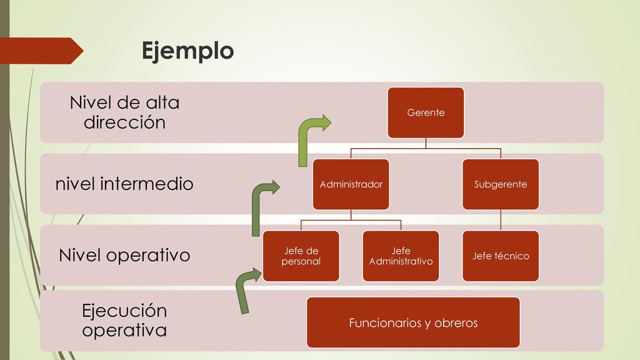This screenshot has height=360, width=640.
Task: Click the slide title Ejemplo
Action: pyautogui.click(x=187, y=51)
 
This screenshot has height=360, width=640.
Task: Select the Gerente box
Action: pyautogui.click(x=426, y=112)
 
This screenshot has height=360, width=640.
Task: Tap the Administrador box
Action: pyautogui.click(x=351, y=184)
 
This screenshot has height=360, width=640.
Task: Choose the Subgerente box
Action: pyautogui.click(x=501, y=184)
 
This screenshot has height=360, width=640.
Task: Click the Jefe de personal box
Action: pyautogui.click(x=301, y=256)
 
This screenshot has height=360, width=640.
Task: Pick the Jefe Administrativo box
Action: pyautogui.click(x=401, y=256)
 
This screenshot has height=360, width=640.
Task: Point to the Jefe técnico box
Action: pyautogui.click(x=501, y=256)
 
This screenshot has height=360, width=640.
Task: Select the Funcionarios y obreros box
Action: pyautogui.click(x=413, y=322)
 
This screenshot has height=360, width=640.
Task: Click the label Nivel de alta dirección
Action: pyautogui.click(x=124, y=112)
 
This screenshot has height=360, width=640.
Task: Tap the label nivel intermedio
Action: pyautogui.click(x=124, y=184)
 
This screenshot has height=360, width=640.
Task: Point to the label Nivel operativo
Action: pyautogui.click(x=124, y=256)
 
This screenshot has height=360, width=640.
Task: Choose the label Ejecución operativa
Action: pyautogui.click(x=124, y=321)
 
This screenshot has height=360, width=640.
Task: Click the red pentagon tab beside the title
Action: pyautogui.click(x=41, y=51)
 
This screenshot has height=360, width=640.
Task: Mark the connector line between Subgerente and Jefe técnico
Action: pyautogui.click(x=501, y=220)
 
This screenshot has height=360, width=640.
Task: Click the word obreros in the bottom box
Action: pyautogui.click(x=456, y=323)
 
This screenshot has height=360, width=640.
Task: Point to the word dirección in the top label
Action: pyautogui.click(x=124, y=122)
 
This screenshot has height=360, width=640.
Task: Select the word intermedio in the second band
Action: pyautogui.click(x=146, y=184)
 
